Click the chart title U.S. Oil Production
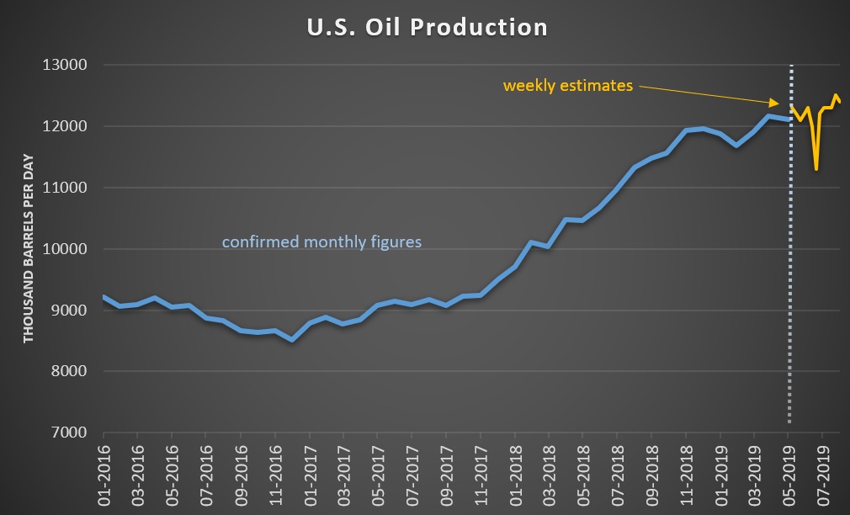(x=426, y=27)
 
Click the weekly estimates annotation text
(x=567, y=86)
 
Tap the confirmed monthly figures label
(x=321, y=242)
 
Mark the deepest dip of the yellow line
(x=815, y=169)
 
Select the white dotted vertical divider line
(x=790, y=252)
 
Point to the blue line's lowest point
(x=291, y=340)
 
